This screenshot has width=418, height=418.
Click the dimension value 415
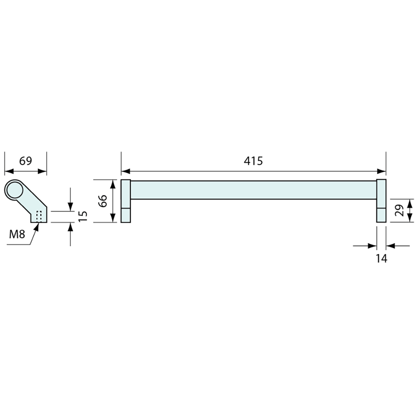click(x=253, y=161)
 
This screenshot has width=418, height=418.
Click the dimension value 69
click(x=25, y=161)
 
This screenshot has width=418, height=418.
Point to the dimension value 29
click(x=399, y=210)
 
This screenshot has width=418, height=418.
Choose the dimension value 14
click(x=381, y=259)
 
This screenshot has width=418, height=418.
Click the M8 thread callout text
click(x=17, y=234)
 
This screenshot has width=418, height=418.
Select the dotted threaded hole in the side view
click(x=38, y=216)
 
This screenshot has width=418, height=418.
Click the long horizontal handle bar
click(x=253, y=190)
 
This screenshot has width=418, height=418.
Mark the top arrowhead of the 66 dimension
click(x=112, y=184)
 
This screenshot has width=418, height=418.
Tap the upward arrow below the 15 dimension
click(x=70, y=227)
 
